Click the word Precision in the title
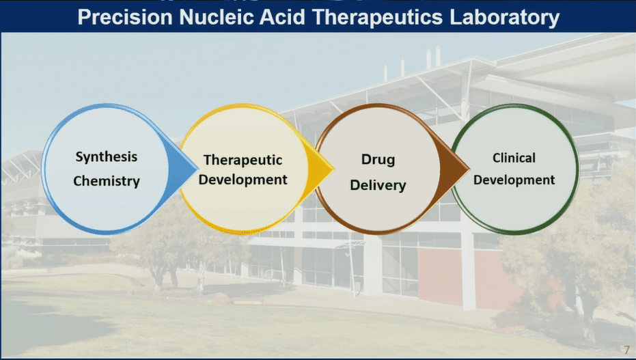[125, 18]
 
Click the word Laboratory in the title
[505, 18]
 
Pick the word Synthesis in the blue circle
[107, 157]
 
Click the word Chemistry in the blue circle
[107, 181]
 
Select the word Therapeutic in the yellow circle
[243, 160]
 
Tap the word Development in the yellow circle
[243, 180]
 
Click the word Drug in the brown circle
[378, 159]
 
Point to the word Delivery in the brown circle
[378, 185]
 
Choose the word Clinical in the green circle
[514, 158]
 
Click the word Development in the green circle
[514, 180]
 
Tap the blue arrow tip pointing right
[197, 169]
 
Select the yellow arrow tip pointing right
[333, 169]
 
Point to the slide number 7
[626, 350]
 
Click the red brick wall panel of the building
[440, 276]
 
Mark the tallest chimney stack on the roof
[438, 56]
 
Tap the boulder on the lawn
[222, 299]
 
